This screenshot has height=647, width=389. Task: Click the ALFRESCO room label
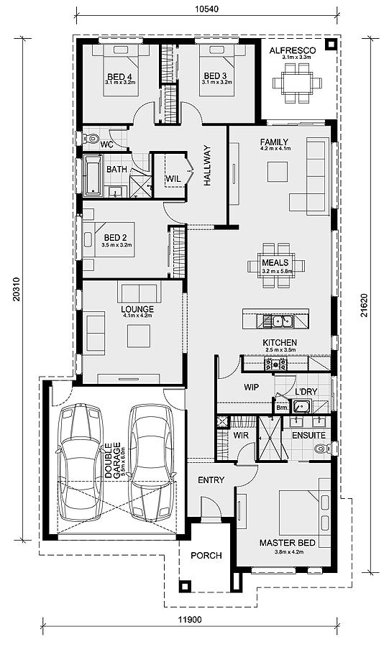293,51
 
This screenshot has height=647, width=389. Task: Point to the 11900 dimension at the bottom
190,620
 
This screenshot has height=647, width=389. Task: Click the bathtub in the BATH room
93,175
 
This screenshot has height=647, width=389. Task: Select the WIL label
173,179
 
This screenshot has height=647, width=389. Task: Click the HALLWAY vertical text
207,165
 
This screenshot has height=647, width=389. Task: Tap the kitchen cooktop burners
275,364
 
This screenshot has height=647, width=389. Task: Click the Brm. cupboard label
282,407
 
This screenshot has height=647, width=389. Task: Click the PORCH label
206,556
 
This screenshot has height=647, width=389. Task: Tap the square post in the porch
184,587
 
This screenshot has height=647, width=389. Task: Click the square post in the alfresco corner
330,44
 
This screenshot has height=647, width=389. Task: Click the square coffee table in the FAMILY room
278,172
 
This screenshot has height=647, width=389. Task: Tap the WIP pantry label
251,387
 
